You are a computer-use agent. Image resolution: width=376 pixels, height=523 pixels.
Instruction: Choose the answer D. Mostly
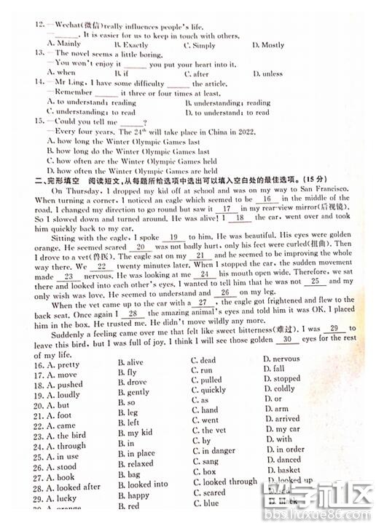tap(267, 45)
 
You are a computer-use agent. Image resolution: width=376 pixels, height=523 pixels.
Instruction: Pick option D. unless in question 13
tap(267, 73)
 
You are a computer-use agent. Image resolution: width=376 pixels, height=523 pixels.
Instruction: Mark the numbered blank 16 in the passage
tap(266, 199)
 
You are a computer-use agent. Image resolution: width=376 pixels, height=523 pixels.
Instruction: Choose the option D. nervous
tap(281, 359)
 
